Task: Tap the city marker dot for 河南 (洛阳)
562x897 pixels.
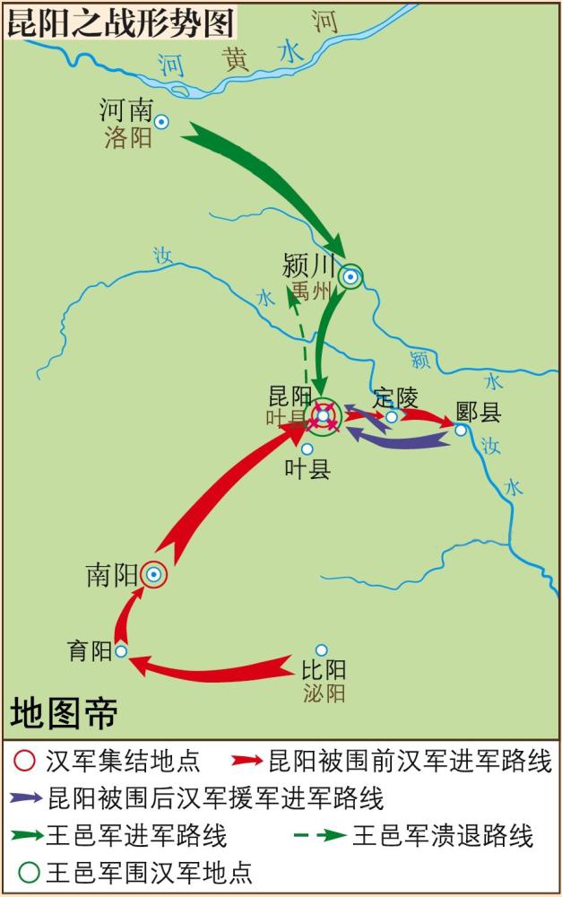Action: (162, 121)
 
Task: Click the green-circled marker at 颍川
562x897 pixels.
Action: (351, 277)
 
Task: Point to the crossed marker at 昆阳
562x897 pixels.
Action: (324, 415)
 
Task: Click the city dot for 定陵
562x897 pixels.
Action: (392, 417)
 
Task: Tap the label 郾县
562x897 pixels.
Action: (478, 412)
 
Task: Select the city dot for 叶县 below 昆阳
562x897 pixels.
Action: (307, 448)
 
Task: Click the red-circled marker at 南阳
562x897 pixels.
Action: (154, 575)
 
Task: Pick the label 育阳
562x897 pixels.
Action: (90, 651)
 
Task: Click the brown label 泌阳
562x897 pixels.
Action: (323, 692)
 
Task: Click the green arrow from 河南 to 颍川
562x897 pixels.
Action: (269, 179)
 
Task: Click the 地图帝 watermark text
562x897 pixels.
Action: (65, 714)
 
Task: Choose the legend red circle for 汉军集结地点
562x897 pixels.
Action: (25, 762)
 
